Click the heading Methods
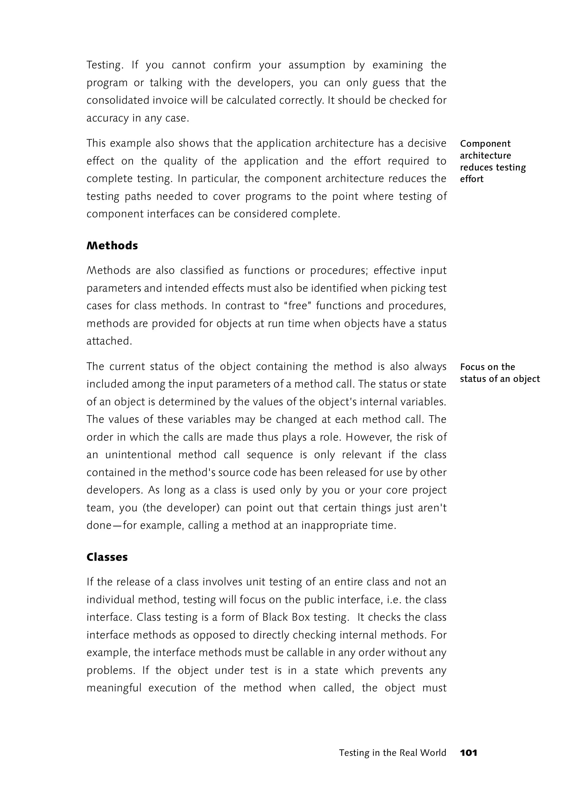[x=112, y=246]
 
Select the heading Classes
[x=107, y=557]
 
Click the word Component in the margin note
[x=485, y=144]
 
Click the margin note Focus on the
[x=487, y=367]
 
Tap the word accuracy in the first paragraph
[x=107, y=118]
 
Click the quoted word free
[x=298, y=306]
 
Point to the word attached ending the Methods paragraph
[x=109, y=341]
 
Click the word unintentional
[x=138, y=455]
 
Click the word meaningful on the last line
[x=114, y=688]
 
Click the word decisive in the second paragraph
[x=427, y=143]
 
